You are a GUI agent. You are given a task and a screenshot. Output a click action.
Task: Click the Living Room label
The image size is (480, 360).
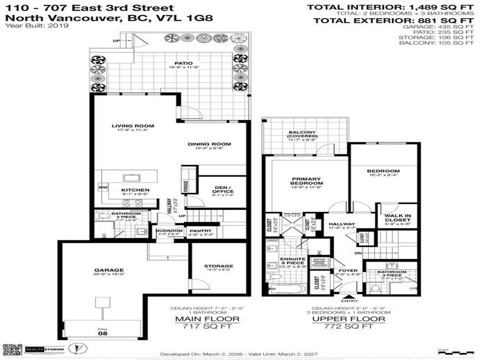click(133, 126)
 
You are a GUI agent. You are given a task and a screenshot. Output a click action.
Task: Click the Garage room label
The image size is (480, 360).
click(108, 270)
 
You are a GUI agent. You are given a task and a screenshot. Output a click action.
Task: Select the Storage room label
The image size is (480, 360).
click(218, 266)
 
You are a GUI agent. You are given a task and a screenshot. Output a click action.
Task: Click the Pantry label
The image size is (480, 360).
click(201, 231)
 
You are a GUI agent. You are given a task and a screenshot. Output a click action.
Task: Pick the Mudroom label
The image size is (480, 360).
click(169, 231)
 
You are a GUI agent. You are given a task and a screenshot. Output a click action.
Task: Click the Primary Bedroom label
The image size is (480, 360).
click(306, 181)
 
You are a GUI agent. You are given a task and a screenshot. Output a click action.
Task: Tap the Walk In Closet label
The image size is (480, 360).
click(397, 217)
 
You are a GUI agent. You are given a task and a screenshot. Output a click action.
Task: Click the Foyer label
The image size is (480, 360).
click(348, 270)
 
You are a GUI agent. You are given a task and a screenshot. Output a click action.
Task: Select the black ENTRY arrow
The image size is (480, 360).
click(348, 296)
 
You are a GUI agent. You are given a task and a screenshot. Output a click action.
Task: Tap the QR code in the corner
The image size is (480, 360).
click(12, 349)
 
